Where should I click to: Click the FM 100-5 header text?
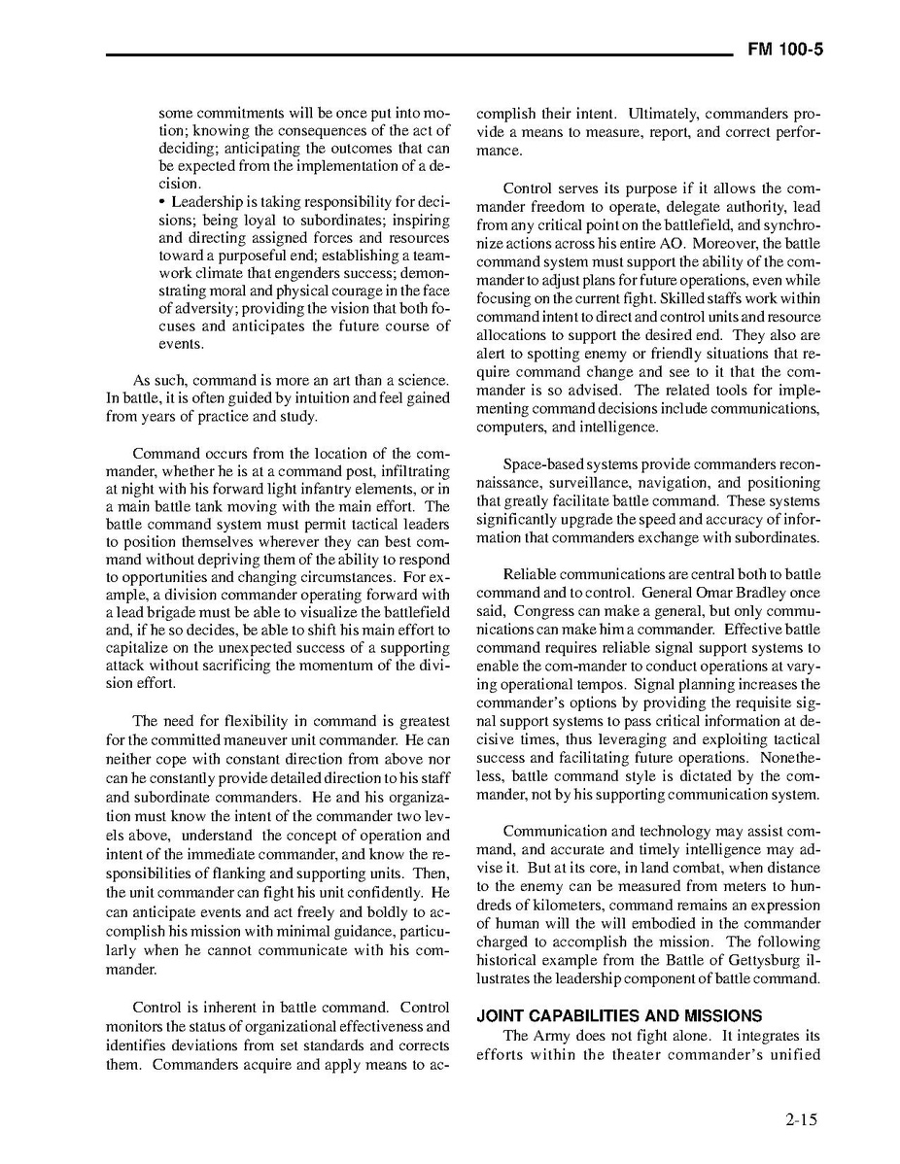pos(784,51)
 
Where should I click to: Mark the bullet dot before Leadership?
pos(163,202)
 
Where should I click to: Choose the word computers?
pos(509,427)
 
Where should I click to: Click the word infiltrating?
pos(412,471)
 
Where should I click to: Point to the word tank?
pos(205,507)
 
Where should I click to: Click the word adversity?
pos(206,308)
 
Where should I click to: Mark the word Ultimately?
pos(661,114)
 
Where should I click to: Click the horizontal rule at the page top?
pos(418,54)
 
